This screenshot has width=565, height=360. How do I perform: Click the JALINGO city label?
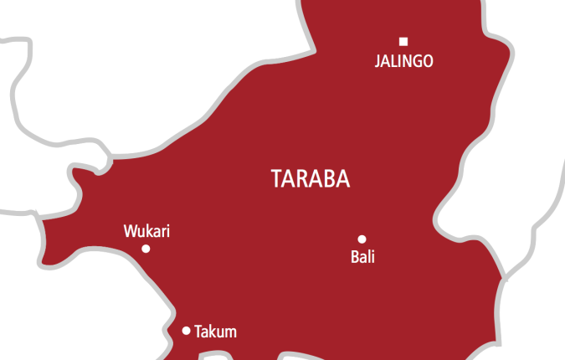click(403, 62)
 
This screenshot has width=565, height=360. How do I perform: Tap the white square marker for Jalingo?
click(403, 41)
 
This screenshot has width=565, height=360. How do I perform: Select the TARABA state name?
click(311, 178)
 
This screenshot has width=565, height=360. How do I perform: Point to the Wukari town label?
click(146, 231)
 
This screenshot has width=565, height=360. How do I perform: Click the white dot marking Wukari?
click(146, 249)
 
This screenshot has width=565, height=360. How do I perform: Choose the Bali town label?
click(362, 257)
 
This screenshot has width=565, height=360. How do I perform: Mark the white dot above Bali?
click(362, 239)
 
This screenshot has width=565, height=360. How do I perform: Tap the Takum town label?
click(215, 332)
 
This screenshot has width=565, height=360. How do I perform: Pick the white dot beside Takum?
click(186, 331)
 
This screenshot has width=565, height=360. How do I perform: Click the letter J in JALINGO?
click(377, 62)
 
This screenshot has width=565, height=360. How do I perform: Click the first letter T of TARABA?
click(278, 178)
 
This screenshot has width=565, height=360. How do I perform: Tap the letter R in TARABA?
click(305, 178)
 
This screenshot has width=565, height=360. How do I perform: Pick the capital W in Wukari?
click(130, 231)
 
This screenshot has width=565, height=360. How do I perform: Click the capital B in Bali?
click(354, 257)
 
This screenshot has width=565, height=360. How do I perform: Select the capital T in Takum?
click(198, 332)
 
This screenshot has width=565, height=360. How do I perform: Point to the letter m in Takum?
click(230, 332)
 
